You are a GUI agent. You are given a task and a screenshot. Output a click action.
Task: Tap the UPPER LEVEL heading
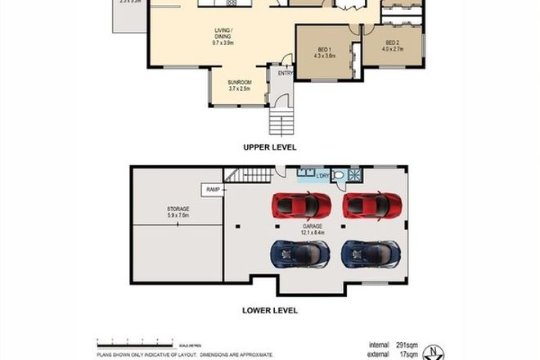click(269, 147)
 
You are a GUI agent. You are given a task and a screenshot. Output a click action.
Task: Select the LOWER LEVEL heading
click(269, 310)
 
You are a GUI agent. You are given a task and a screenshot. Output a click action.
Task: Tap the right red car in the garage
click(372, 205)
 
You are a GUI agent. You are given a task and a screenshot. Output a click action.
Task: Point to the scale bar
click(134, 340)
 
